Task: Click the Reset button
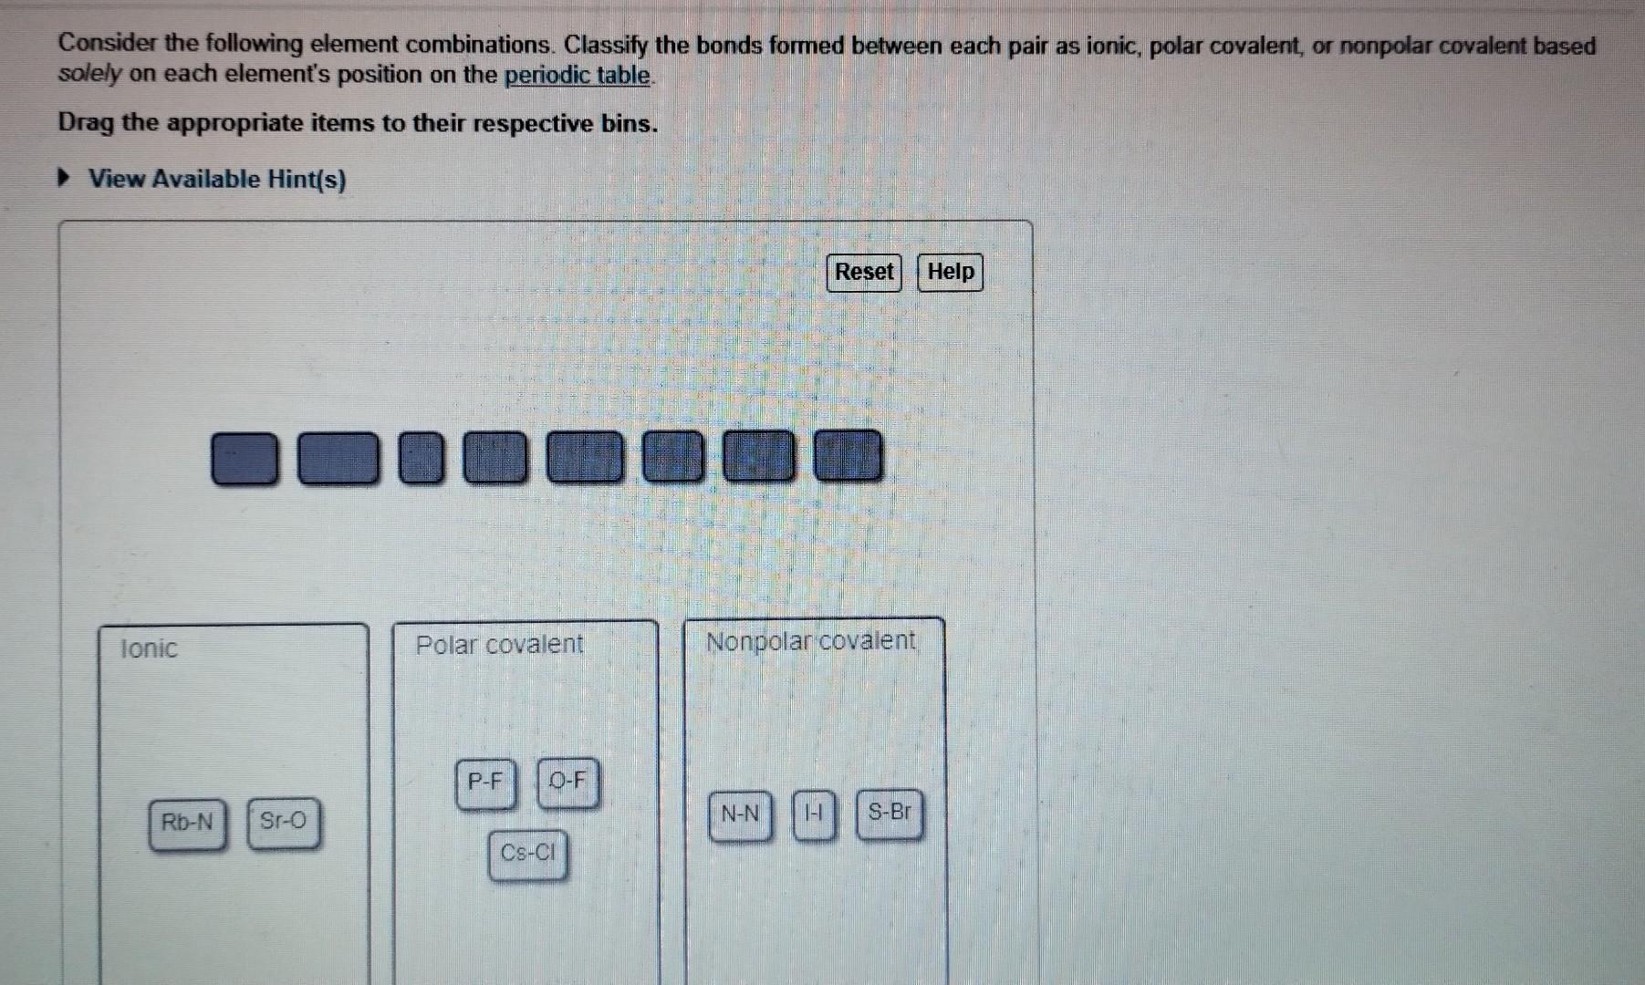pyautogui.click(x=863, y=273)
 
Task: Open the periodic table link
pyautogui.click(x=577, y=75)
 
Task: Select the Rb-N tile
pyautogui.click(x=187, y=823)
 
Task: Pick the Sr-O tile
pyautogui.click(x=284, y=821)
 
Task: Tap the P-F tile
pyautogui.click(x=485, y=783)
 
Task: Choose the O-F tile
pyautogui.click(x=567, y=782)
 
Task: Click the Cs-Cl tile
pyautogui.click(x=527, y=854)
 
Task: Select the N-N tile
pyautogui.click(x=740, y=814)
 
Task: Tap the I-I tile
pyautogui.click(x=814, y=813)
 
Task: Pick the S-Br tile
pyautogui.click(x=889, y=812)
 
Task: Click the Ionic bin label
pyautogui.click(x=149, y=648)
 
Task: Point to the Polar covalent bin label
pyautogui.click(x=499, y=645)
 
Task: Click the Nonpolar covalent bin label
pyautogui.click(x=810, y=641)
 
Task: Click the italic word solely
pyautogui.click(x=88, y=75)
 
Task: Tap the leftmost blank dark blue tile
pyautogui.click(x=245, y=458)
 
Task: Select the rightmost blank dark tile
pyautogui.click(x=848, y=455)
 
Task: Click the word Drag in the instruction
pyautogui.click(x=85, y=123)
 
